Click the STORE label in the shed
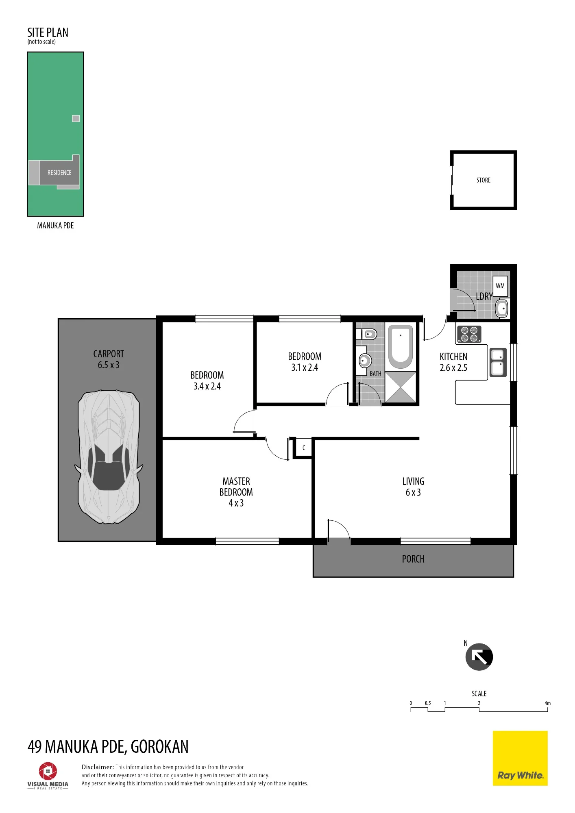coord(484,180)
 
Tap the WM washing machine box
coord(500,286)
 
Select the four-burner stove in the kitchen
coord(469,334)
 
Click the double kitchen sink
coord(498,362)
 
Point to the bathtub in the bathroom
coord(401,347)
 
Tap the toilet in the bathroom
coord(367,335)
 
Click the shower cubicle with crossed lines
coord(401,387)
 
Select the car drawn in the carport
coord(109,457)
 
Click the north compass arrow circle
coord(479,657)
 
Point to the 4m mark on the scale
coord(548,703)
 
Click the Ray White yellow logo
coord(520,758)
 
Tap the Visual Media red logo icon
coord(48,771)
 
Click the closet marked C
coord(304,448)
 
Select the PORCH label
coord(413,559)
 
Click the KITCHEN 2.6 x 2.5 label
coord(453,362)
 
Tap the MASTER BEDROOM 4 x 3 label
coord(236,492)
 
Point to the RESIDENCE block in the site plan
coord(59,173)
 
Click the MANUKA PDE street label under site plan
coord(55,226)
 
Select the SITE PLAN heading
coord(48,33)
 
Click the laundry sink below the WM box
coord(502,309)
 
